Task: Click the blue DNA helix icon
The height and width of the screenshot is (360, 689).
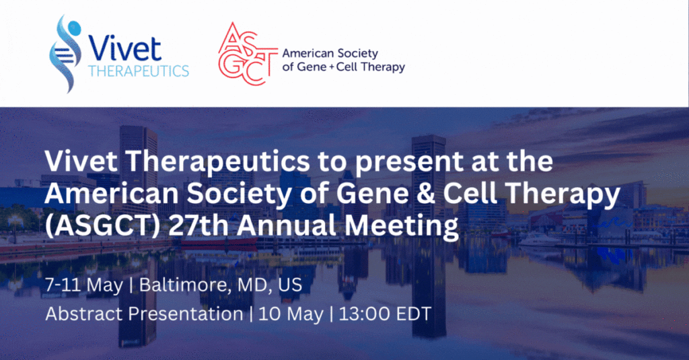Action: [x=65, y=54]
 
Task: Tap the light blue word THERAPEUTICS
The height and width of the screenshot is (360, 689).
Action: [x=139, y=71]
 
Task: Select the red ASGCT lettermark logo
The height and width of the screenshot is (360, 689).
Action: [x=247, y=54]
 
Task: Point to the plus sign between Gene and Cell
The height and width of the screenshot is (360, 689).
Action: [x=331, y=67]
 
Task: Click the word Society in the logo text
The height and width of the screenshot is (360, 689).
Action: [x=357, y=54]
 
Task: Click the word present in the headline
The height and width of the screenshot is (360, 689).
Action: [x=409, y=161]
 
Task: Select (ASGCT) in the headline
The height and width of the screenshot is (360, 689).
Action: [x=102, y=225]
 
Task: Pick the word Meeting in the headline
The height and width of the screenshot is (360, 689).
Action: [x=401, y=226]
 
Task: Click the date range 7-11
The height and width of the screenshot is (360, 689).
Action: [x=63, y=285]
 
